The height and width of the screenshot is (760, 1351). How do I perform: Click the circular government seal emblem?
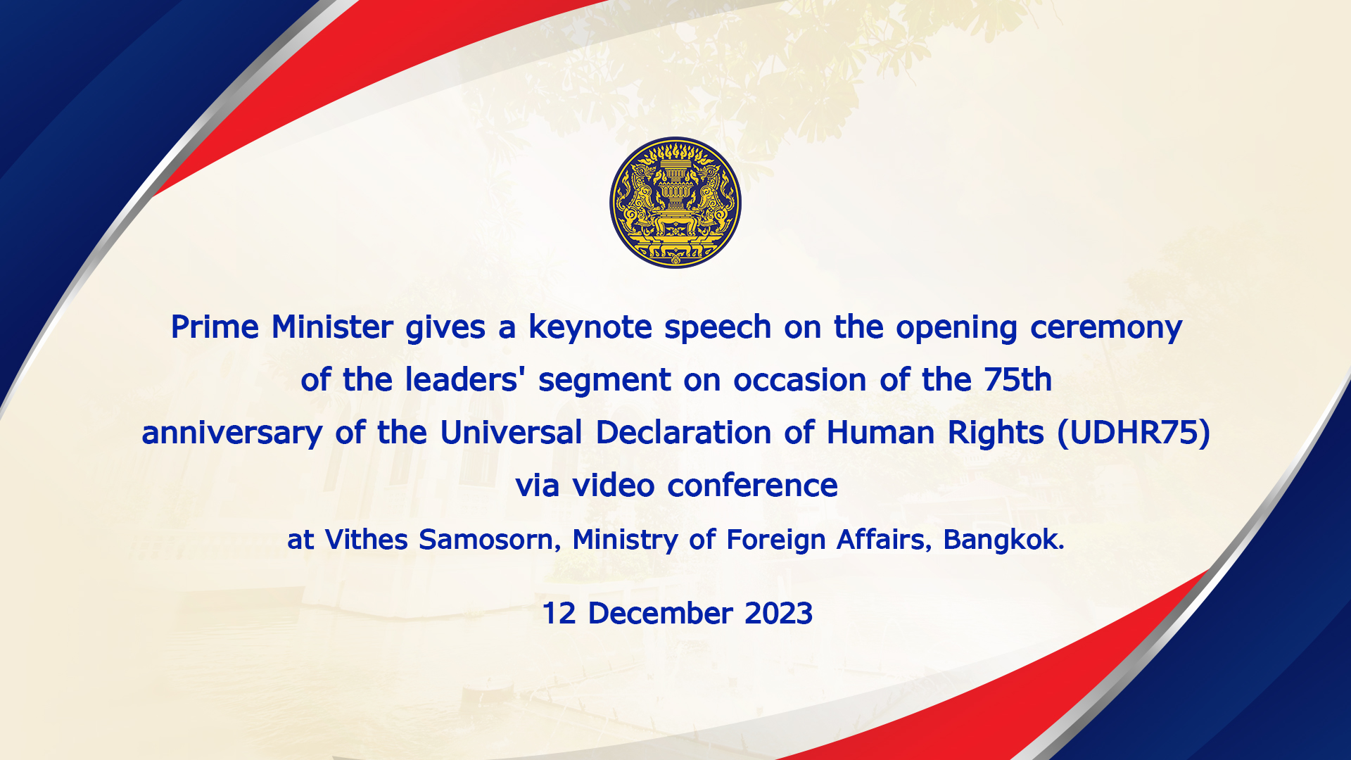click(x=675, y=203)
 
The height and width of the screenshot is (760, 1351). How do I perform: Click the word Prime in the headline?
click(x=215, y=327)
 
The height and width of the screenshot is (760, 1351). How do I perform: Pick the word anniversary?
click(x=232, y=433)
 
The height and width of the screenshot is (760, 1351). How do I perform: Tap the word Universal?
click(x=511, y=433)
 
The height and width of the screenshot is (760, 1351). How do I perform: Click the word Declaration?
click(x=683, y=433)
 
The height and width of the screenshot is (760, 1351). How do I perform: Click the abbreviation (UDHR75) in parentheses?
click(x=1134, y=433)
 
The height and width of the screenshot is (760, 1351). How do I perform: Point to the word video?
click(x=614, y=486)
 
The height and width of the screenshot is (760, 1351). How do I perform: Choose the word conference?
click(x=752, y=486)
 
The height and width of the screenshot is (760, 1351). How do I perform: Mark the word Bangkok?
click(x=1003, y=540)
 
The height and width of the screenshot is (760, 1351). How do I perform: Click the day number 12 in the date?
click(x=559, y=614)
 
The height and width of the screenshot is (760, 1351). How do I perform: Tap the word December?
click(x=660, y=614)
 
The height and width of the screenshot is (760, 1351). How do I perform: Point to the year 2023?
click(x=778, y=614)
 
